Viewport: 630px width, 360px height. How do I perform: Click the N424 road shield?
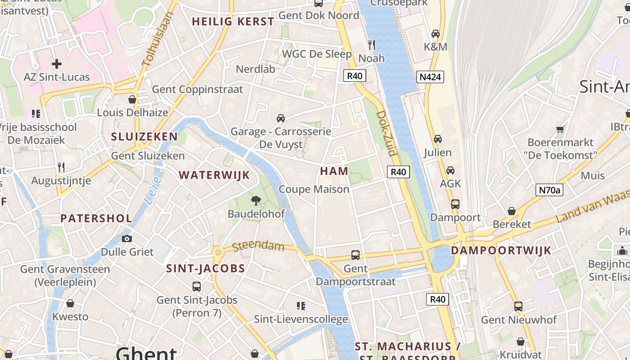430,77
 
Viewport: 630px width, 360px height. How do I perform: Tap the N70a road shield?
550,190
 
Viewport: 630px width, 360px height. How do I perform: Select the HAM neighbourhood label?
334,171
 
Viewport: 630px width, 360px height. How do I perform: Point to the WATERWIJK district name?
214,175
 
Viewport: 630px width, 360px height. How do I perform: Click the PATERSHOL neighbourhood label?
96,219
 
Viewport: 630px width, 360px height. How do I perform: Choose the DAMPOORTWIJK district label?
501,251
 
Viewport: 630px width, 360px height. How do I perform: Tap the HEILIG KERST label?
233,21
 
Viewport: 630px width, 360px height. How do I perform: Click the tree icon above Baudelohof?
256,200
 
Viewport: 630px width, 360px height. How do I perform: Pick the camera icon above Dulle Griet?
127,238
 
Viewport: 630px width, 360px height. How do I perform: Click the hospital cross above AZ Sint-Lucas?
57,64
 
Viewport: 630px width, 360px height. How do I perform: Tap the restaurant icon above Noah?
372,45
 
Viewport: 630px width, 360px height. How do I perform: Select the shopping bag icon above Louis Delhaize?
132,99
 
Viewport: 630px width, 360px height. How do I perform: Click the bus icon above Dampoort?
455,204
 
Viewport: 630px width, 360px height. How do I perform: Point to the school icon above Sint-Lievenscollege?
301,306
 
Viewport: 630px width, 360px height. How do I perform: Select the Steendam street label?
259,246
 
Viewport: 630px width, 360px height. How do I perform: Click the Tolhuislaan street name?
157,40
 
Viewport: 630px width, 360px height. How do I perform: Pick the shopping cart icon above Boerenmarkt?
560,130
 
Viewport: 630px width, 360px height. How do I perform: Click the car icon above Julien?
437,139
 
